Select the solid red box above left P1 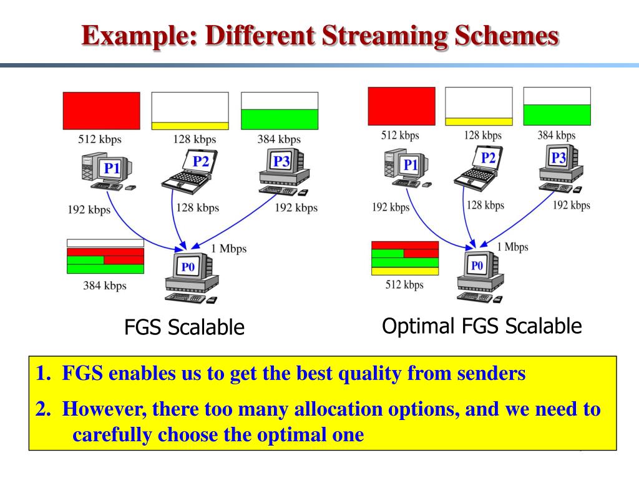[102, 111]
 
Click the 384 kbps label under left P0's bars [105, 286]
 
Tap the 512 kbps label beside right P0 [404, 285]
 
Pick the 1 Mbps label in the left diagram [229, 249]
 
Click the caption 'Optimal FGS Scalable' [482, 326]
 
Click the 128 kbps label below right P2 [485, 205]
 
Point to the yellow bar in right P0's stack [404, 271]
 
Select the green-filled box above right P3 [556, 114]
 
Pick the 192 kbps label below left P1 [89, 209]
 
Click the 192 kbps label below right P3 [571, 205]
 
